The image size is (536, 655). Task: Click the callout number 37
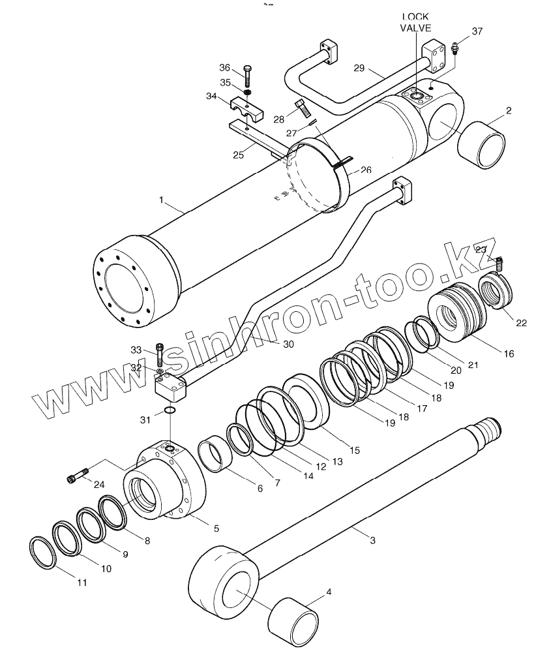pos(477,31)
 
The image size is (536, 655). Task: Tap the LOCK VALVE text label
pos(417,22)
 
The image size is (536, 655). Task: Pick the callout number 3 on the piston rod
pos(372,540)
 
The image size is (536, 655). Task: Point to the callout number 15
pos(354,449)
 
